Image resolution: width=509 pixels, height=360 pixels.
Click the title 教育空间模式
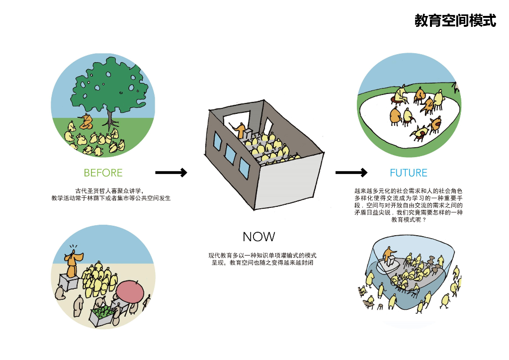click(455, 21)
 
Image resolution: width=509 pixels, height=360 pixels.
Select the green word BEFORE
click(103, 173)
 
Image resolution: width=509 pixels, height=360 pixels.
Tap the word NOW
click(258, 237)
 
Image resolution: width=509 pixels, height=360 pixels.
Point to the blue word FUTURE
click(408, 173)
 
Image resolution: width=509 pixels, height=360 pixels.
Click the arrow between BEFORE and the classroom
click(171, 173)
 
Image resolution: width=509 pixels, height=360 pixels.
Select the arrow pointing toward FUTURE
click(351, 173)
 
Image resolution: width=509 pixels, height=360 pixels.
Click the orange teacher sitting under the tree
click(87, 121)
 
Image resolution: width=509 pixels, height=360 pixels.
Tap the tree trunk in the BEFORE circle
click(110, 116)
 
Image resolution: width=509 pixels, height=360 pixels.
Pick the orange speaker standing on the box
click(73, 264)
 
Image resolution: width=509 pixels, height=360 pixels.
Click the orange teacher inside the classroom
click(241, 131)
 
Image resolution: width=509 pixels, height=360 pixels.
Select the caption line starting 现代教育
click(262, 255)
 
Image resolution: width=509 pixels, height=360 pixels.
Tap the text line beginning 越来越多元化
click(408, 191)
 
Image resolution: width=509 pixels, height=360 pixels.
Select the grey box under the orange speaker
click(68, 282)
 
